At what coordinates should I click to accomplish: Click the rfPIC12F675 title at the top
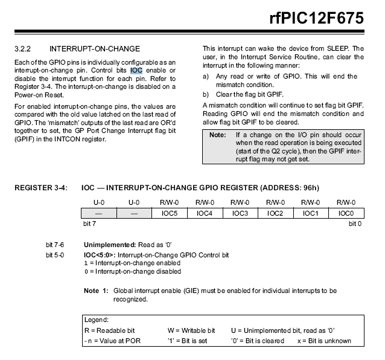(316, 19)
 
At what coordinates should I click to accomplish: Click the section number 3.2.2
(22, 48)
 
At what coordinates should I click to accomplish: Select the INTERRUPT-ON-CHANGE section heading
(94, 48)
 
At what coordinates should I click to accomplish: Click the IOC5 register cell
(169, 213)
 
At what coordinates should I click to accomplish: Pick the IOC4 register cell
(203, 213)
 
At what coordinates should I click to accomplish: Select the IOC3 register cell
(240, 213)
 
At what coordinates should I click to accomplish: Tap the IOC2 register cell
(275, 213)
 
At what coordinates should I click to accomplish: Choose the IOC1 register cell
(310, 213)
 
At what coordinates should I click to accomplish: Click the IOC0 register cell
(345, 213)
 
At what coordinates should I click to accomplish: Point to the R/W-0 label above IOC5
(169, 202)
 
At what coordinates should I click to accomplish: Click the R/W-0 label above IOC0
(346, 202)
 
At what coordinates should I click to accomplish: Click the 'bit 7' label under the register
(89, 224)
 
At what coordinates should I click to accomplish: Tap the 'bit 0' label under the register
(355, 224)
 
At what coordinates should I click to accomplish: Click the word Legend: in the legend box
(97, 320)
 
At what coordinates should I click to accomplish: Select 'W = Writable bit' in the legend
(191, 330)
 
